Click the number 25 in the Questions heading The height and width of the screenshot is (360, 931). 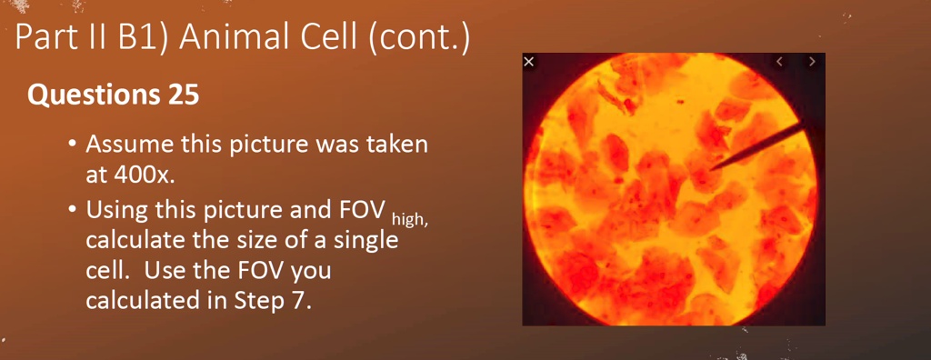click(x=183, y=95)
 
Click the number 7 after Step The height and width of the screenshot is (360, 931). click(x=301, y=301)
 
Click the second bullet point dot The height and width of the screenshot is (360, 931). click(x=71, y=211)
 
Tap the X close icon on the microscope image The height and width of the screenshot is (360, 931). click(x=529, y=62)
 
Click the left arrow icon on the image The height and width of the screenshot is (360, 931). click(x=779, y=62)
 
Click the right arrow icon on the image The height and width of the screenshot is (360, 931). click(x=811, y=62)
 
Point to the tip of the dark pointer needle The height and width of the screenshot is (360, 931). click(x=711, y=168)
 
